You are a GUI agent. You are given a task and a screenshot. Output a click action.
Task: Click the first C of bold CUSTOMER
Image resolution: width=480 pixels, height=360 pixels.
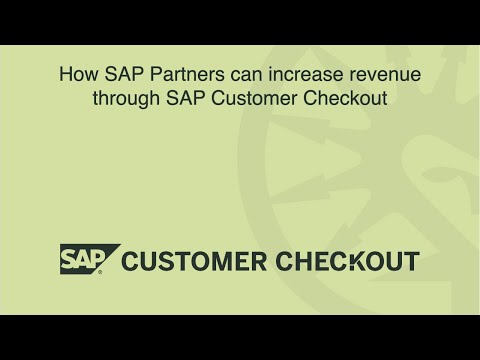coord(132,262)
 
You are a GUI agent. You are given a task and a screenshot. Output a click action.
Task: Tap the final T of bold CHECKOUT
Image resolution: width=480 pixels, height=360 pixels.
coord(411,262)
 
